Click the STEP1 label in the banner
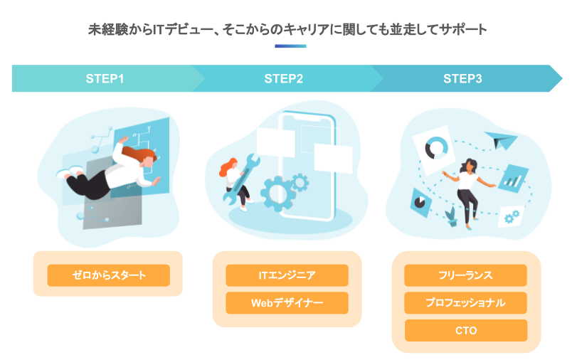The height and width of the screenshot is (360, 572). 105,78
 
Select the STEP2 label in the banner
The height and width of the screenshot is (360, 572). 283,78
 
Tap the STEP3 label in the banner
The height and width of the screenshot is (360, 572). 462,78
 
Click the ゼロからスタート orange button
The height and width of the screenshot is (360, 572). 109,275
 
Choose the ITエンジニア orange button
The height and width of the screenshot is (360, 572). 287,275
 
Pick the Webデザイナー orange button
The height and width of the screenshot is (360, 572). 287,303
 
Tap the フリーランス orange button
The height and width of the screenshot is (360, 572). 465,275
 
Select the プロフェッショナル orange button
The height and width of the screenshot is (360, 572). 465,303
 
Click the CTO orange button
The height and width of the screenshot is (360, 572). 466,330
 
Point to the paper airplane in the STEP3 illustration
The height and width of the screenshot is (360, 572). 501,140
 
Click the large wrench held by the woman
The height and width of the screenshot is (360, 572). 241,179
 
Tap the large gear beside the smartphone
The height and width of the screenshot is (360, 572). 278,194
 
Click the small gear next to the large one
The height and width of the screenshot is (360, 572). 300,182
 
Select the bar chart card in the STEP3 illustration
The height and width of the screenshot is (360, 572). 513,179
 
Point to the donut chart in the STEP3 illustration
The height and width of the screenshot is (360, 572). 436,148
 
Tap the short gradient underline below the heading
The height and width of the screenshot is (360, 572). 290,46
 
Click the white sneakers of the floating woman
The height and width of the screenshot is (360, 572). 69,171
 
